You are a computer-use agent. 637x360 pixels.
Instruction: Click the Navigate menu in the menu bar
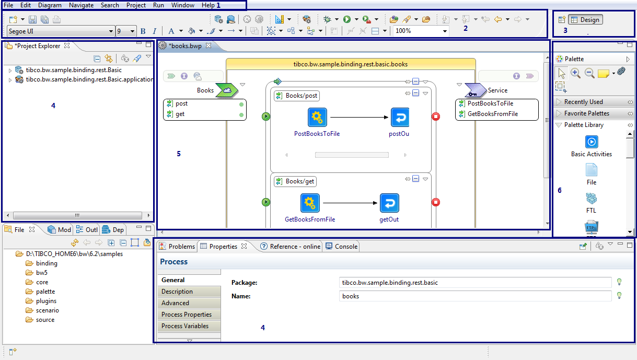click(x=81, y=5)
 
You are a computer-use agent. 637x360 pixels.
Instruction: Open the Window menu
click(x=183, y=5)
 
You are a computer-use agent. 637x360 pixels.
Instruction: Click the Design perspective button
click(x=585, y=20)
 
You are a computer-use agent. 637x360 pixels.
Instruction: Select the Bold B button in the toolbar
click(x=143, y=31)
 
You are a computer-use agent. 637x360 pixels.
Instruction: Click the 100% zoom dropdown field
click(x=420, y=31)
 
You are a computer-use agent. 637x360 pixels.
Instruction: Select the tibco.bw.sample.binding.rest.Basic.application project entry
click(x=89, y=80)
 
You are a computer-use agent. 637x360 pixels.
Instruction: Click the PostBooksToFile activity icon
click(x=317, y=118)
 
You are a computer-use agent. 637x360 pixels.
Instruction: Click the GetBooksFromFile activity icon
click(x=310, y=203)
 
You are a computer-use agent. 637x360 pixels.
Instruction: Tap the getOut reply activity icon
click(x=389, y=203)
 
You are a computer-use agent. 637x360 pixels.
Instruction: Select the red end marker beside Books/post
click(x=436, y=117)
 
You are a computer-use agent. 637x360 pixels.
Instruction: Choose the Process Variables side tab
click(x=185, y=326)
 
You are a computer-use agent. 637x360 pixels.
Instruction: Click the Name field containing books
click(x=474, y=296)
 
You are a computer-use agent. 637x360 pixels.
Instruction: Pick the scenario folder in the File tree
click(x=47, y=310)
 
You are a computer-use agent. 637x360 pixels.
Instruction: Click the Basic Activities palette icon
click(x=592, y=142)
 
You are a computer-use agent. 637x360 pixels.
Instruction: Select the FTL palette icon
click(x=592, y=199)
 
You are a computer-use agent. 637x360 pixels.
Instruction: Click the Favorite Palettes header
click(x=587, y=113)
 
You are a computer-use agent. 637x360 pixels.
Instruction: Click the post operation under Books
click(x=182, y=104)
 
